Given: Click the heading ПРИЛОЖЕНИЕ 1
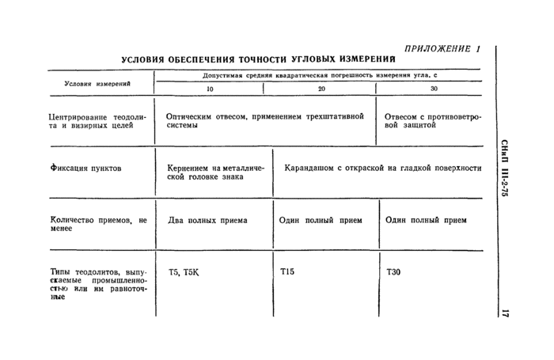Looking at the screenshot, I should (442, 48).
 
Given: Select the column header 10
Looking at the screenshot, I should (210, 89).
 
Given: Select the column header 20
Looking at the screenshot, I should (321, 89).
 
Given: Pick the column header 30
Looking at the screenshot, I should (433, 89).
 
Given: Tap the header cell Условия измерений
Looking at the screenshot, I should (97, 83).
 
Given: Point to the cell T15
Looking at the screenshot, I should (287, 272).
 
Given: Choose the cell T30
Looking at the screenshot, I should (393, 272).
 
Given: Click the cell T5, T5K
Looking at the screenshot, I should (184, 272).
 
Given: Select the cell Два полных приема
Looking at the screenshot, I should (207, 220).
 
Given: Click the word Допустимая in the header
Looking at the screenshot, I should (224, 76).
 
